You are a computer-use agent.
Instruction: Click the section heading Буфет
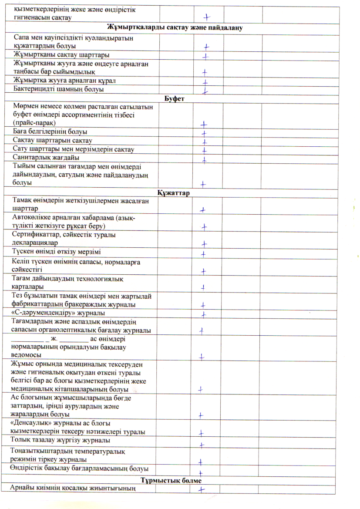[175, 98]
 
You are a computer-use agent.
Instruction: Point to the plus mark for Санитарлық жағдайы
[204, 159]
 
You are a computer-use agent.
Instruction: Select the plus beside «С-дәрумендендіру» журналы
[203, 314]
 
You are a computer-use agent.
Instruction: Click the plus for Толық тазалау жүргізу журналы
[202, 445]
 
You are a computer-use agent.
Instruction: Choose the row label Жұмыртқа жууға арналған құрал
[64, 81]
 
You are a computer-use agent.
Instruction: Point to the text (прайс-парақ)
[33, 124]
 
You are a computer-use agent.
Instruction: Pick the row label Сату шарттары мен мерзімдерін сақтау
[74, 149]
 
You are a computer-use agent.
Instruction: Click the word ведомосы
[27, 355]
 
